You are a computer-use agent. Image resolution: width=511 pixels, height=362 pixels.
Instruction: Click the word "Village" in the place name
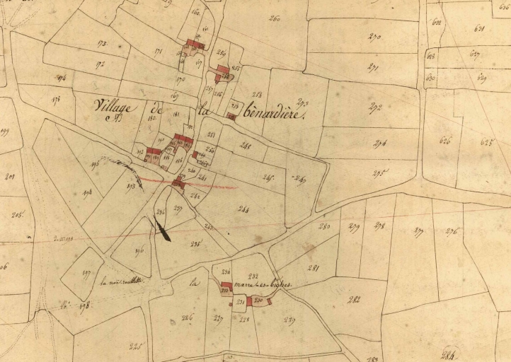[114, 107]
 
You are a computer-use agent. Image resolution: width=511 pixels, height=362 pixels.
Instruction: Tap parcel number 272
[376, 107]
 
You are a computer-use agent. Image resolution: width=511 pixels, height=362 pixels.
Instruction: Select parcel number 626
[445, 141]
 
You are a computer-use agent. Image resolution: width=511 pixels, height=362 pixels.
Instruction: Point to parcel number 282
[354, 300]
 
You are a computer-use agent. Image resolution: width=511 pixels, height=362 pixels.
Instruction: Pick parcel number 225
[136, 346]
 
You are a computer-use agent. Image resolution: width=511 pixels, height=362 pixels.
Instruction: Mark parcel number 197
[87, 274]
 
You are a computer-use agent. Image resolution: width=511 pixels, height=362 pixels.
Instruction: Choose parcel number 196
[139, 249]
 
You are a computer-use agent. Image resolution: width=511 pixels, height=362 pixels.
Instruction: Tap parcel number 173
[102, 44]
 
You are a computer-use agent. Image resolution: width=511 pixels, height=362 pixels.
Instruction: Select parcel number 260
[275, 19]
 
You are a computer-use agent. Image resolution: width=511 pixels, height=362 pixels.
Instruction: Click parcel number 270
[374, 37]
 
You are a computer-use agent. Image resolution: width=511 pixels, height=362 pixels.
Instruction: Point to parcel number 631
[478, 29]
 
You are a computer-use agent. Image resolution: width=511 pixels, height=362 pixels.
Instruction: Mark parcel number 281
[314, 267]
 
